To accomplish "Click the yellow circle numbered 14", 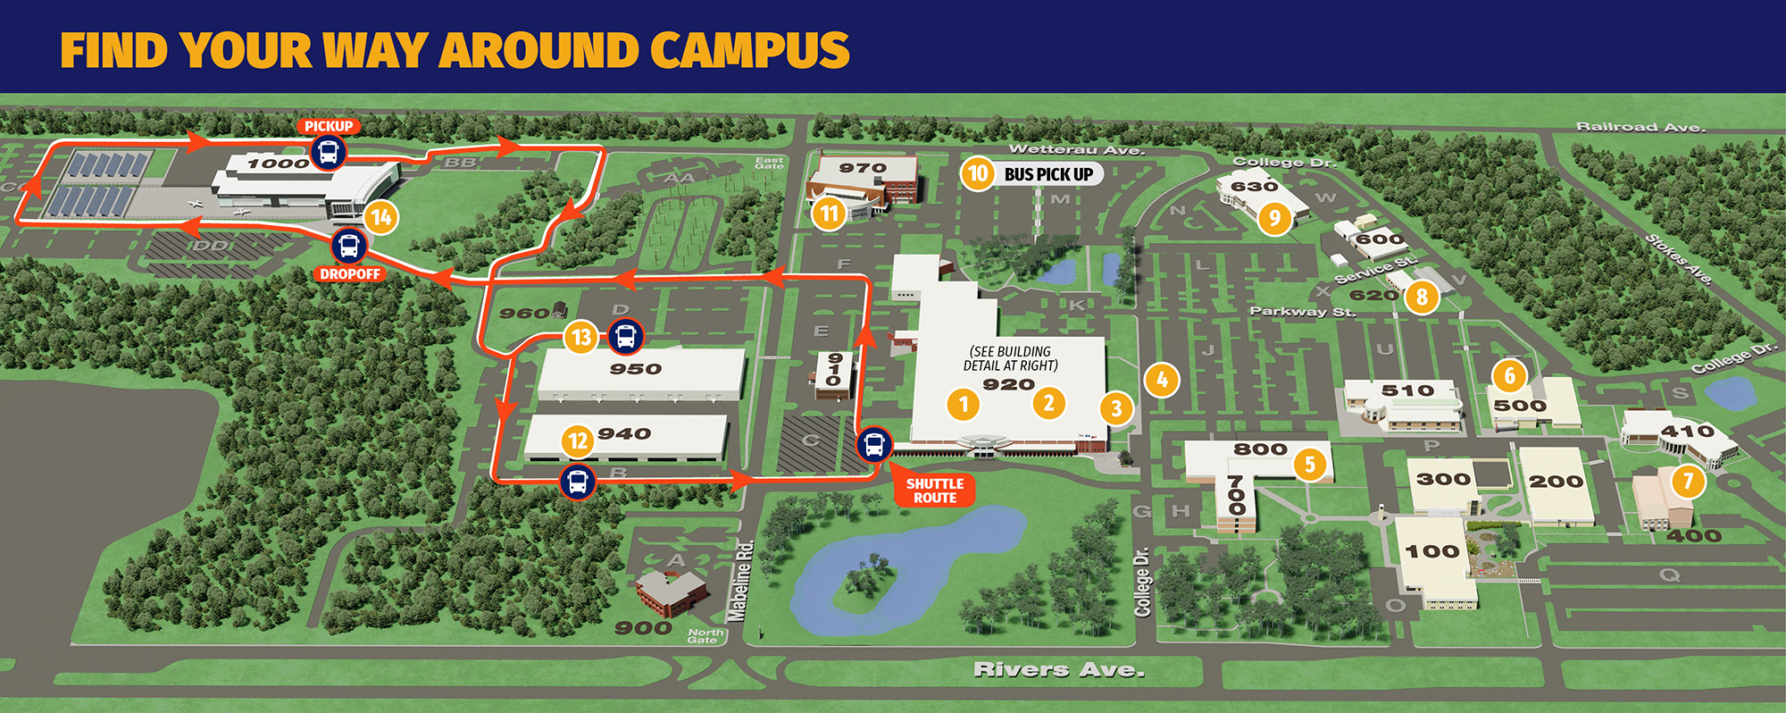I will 381,217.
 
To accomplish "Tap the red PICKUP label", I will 329,126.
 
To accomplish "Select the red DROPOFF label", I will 350,274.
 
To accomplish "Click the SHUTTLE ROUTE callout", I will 934,491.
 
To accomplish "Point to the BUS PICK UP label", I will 1048,174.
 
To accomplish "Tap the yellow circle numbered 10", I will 978,173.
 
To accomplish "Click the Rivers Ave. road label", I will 1058,669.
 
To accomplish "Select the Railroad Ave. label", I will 1640,127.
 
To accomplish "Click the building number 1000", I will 278,164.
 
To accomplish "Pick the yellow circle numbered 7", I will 1688,482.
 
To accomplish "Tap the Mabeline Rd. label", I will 740,581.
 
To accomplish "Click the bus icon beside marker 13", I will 626,337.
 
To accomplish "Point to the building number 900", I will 643,628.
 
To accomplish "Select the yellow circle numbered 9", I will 1274,217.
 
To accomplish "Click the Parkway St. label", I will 1302,311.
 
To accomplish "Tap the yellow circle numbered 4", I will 1161,381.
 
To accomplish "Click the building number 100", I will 1431,551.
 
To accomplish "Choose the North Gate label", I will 705,635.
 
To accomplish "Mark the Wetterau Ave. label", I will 1075,149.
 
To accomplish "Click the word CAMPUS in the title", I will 749,50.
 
